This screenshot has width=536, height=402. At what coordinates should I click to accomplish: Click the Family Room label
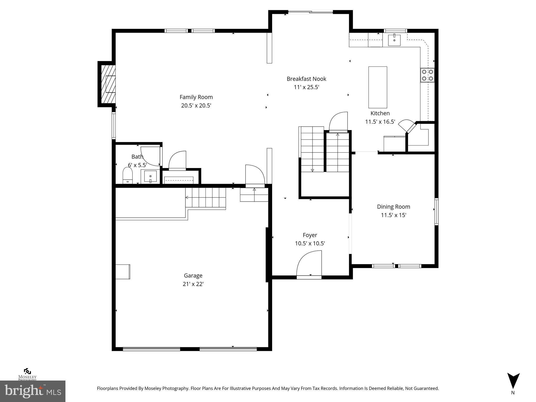click(x=196, y=97)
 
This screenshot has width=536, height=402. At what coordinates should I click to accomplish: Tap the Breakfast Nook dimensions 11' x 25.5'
click(x=306, y=87)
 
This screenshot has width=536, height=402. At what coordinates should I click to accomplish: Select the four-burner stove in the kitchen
click(x=427, y=75)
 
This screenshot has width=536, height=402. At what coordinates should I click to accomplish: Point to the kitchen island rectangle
click(x=378, y=87)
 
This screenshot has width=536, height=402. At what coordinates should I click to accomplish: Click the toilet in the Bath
click(x=127, y=176)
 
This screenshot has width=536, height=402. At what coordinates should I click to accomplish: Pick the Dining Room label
click(x=393, y=207)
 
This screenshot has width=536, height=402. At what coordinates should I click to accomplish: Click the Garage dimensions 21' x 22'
click(x=193, y=284)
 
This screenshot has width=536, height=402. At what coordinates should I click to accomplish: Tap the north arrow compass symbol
click(x=513, y=381)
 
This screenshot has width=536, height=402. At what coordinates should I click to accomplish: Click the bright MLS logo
click(x=33, y=391)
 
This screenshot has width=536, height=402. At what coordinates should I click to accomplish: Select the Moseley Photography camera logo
click(x=27, y=371)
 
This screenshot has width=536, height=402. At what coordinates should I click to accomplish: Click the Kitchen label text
click(x=380, y=113)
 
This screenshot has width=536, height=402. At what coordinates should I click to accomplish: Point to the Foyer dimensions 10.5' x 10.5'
click(x=310, y=243)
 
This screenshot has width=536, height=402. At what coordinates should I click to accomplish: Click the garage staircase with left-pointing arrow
click(x=205, y=197)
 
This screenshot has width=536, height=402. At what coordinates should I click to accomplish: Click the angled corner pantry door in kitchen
click(x=406, y=127)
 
